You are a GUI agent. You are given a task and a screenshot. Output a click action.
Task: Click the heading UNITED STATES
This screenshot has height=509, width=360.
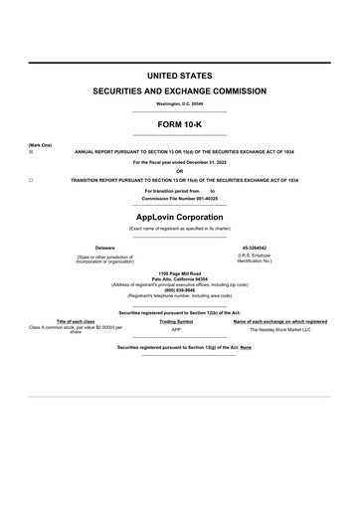pos(180,76)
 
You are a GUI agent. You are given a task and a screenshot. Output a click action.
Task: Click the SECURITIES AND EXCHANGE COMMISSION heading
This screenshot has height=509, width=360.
pos(180,90)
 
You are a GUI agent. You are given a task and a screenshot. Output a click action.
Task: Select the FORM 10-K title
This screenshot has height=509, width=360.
pos(180,124)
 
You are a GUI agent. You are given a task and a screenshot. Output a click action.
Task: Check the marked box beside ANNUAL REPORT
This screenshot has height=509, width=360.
pos(31,153)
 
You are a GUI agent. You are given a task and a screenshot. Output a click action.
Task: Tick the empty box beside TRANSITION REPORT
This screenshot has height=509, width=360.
pos(31,180)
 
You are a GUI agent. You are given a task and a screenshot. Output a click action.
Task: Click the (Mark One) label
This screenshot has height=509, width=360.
pos(40,145)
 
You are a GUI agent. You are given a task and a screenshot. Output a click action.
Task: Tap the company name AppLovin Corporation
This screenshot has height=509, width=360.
pos(180,215)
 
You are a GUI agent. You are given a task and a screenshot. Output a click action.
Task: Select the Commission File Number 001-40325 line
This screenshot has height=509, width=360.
pos(180,198)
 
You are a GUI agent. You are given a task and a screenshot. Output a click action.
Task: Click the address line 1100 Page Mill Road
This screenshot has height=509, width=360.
pos(180,272)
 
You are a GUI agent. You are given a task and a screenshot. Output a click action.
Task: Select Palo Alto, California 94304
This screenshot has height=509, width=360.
pos(180,278)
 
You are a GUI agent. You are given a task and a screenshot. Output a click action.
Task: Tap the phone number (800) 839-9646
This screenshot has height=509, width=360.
pos(180,289)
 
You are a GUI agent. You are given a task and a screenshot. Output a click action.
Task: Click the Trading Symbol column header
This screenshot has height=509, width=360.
pos(176,321)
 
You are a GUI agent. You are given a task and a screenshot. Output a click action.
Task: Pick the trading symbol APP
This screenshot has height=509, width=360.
pos(176,329)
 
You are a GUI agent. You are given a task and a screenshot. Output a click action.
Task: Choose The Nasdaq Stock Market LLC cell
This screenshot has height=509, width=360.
pos(279,329)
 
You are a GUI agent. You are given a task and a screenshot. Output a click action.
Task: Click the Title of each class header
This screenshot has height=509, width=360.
pos(76,321)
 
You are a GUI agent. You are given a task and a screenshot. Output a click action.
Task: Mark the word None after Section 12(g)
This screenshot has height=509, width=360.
pos(246,348)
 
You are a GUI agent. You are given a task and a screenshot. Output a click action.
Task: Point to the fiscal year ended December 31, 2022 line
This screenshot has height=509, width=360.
pos(180,161)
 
